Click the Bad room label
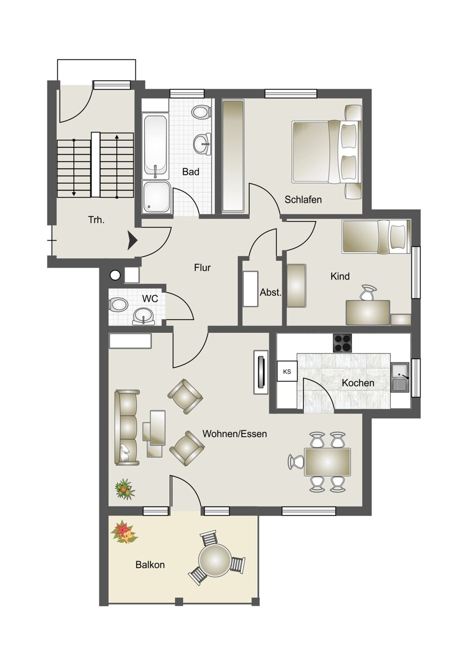click(190, 172)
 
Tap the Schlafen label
click(303, 199)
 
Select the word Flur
click(202, 268)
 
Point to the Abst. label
click(271, 292)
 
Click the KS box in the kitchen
click(287, 372)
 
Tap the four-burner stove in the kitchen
click(342, 343)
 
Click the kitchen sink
click(400, 377)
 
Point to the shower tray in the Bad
click(157, 197)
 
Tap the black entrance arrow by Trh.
click(132, 240)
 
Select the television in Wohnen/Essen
click(260, 372)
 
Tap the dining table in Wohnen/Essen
click(327, 462)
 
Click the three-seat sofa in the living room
click(127, 428)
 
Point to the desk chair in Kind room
click(368, 293)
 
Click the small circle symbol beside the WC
click(115, 276)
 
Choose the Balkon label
click(150, 564)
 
